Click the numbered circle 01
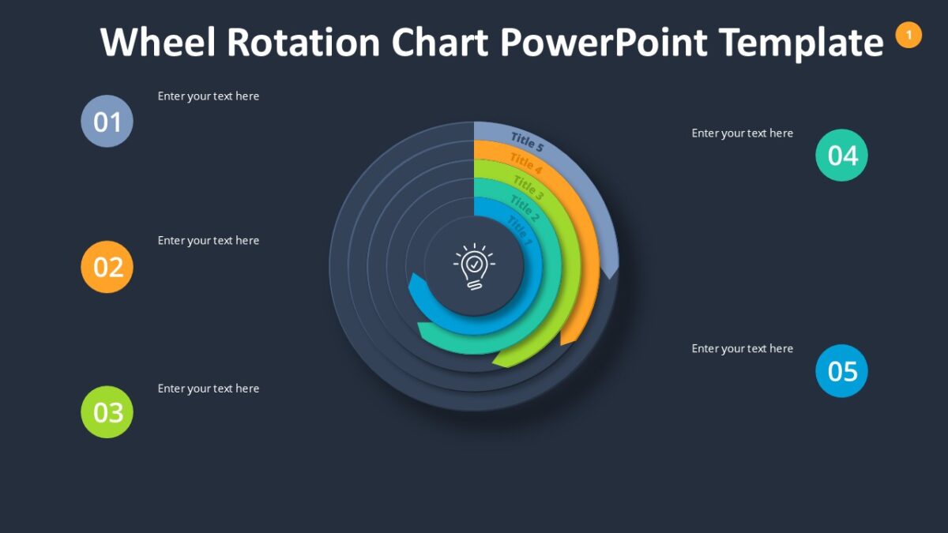point(107,121)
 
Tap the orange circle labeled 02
point(107,267)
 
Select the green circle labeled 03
point(107,411)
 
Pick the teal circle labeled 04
point(841,155)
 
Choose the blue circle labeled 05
point(841,370)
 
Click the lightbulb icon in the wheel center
point(473,267)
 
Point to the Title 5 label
point(527,142)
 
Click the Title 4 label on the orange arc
point(525,163)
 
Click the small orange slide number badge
point(908,35)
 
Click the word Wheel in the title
point(158,42)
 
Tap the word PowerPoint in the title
point(604,42)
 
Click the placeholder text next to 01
point(209,96)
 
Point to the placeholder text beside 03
point(209,388)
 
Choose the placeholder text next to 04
point(743,133)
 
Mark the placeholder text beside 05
point(743,349)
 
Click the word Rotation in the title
point(304,42)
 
